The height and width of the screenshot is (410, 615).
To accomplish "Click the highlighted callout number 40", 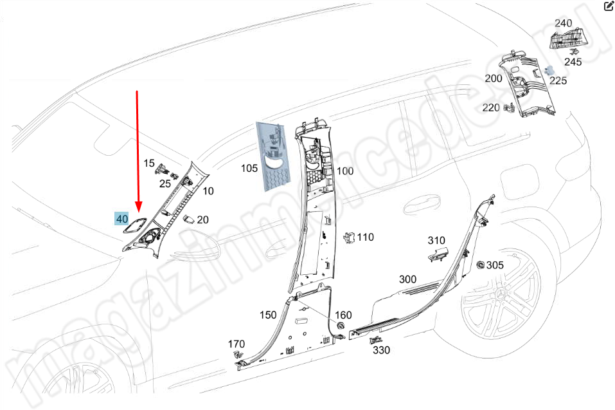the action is click(x=121, y=219).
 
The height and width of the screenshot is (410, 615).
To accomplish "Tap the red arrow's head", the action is click(x=138, y=206).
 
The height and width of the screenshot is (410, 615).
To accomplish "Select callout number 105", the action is click(x=249, y=169).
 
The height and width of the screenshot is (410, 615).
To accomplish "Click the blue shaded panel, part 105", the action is click(x=273, y=156).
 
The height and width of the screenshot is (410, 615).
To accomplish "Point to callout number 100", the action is click(x=345, y=171).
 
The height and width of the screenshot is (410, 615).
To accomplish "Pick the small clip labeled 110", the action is click(x=349, y=238).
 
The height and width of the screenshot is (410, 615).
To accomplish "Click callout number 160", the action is click(x=343, y=315).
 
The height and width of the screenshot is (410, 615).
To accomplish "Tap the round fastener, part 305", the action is click(x=480, y=265).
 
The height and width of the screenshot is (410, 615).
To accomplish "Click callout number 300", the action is click(x=407, y=279).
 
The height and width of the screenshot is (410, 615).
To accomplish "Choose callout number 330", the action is click(x=381, y=350).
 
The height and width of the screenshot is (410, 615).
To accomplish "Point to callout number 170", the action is click(x=236, y=344).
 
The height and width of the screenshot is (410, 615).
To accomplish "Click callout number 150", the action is click(x=268, y=315).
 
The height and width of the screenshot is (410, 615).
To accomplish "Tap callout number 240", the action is click(x=563, y=23).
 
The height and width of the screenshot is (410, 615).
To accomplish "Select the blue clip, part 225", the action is click(x=550, y=70).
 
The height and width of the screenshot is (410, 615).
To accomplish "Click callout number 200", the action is click(x=494, y=79).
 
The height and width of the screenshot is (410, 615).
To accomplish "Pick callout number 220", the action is click(x=491, y=107).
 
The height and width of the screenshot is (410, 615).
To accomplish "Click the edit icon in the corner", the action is click(x=609, y=6).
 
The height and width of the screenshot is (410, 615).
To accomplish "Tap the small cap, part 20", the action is click(x=189, y=219).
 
